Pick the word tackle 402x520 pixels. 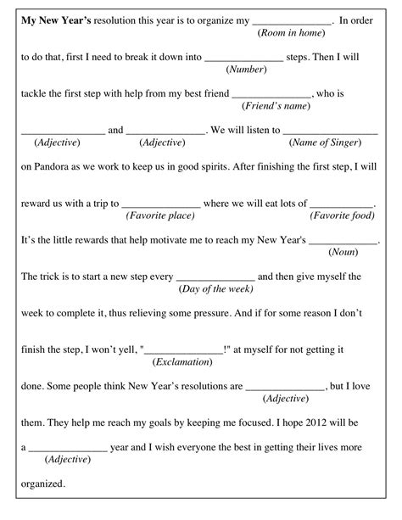(x=35, y=94)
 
